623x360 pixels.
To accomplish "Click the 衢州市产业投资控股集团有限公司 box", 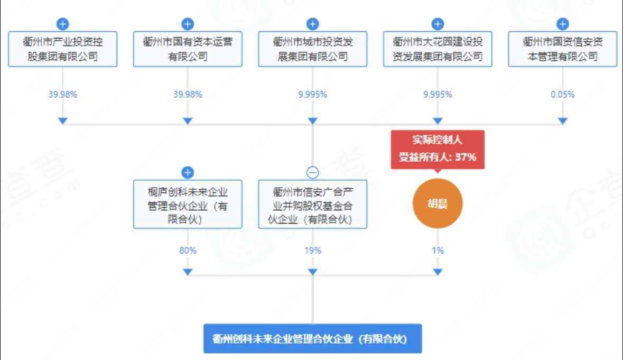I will (x=63, y=49).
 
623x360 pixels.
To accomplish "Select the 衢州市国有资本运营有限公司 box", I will (x=188, y=49).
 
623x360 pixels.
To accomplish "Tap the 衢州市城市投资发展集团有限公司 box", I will (x=313, y=49).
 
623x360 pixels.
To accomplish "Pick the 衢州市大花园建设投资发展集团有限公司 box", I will (x=438, y=49).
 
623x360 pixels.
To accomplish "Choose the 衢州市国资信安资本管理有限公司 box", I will (x=563, y=49).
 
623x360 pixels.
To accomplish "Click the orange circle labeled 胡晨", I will (x=438, y=204).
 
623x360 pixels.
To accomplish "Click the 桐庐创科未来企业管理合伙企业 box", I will (x=188, y=204).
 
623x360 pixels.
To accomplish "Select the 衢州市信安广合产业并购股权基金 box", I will (x=313, y=204).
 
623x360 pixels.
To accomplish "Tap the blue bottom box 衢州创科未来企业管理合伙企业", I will (x=313, y=338).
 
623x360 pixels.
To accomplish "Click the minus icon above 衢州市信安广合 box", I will (x=313, y=172).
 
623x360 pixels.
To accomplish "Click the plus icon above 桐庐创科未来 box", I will (x=188, y=172).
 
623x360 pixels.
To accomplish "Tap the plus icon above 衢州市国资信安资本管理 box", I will (x=563, y=24).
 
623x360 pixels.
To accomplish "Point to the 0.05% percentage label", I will (x=563, y=95).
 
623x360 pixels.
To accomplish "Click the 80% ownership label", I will (x=188, y=250).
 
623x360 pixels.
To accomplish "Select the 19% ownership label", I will (x=313, y=250).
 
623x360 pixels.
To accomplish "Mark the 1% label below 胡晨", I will (x=438, y=250).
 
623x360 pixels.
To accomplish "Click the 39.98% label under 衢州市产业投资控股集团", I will (x=63, y=95).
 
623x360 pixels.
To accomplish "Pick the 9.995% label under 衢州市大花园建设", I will (x=438, y=95).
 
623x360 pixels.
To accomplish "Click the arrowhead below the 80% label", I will (x=188, y=272).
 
